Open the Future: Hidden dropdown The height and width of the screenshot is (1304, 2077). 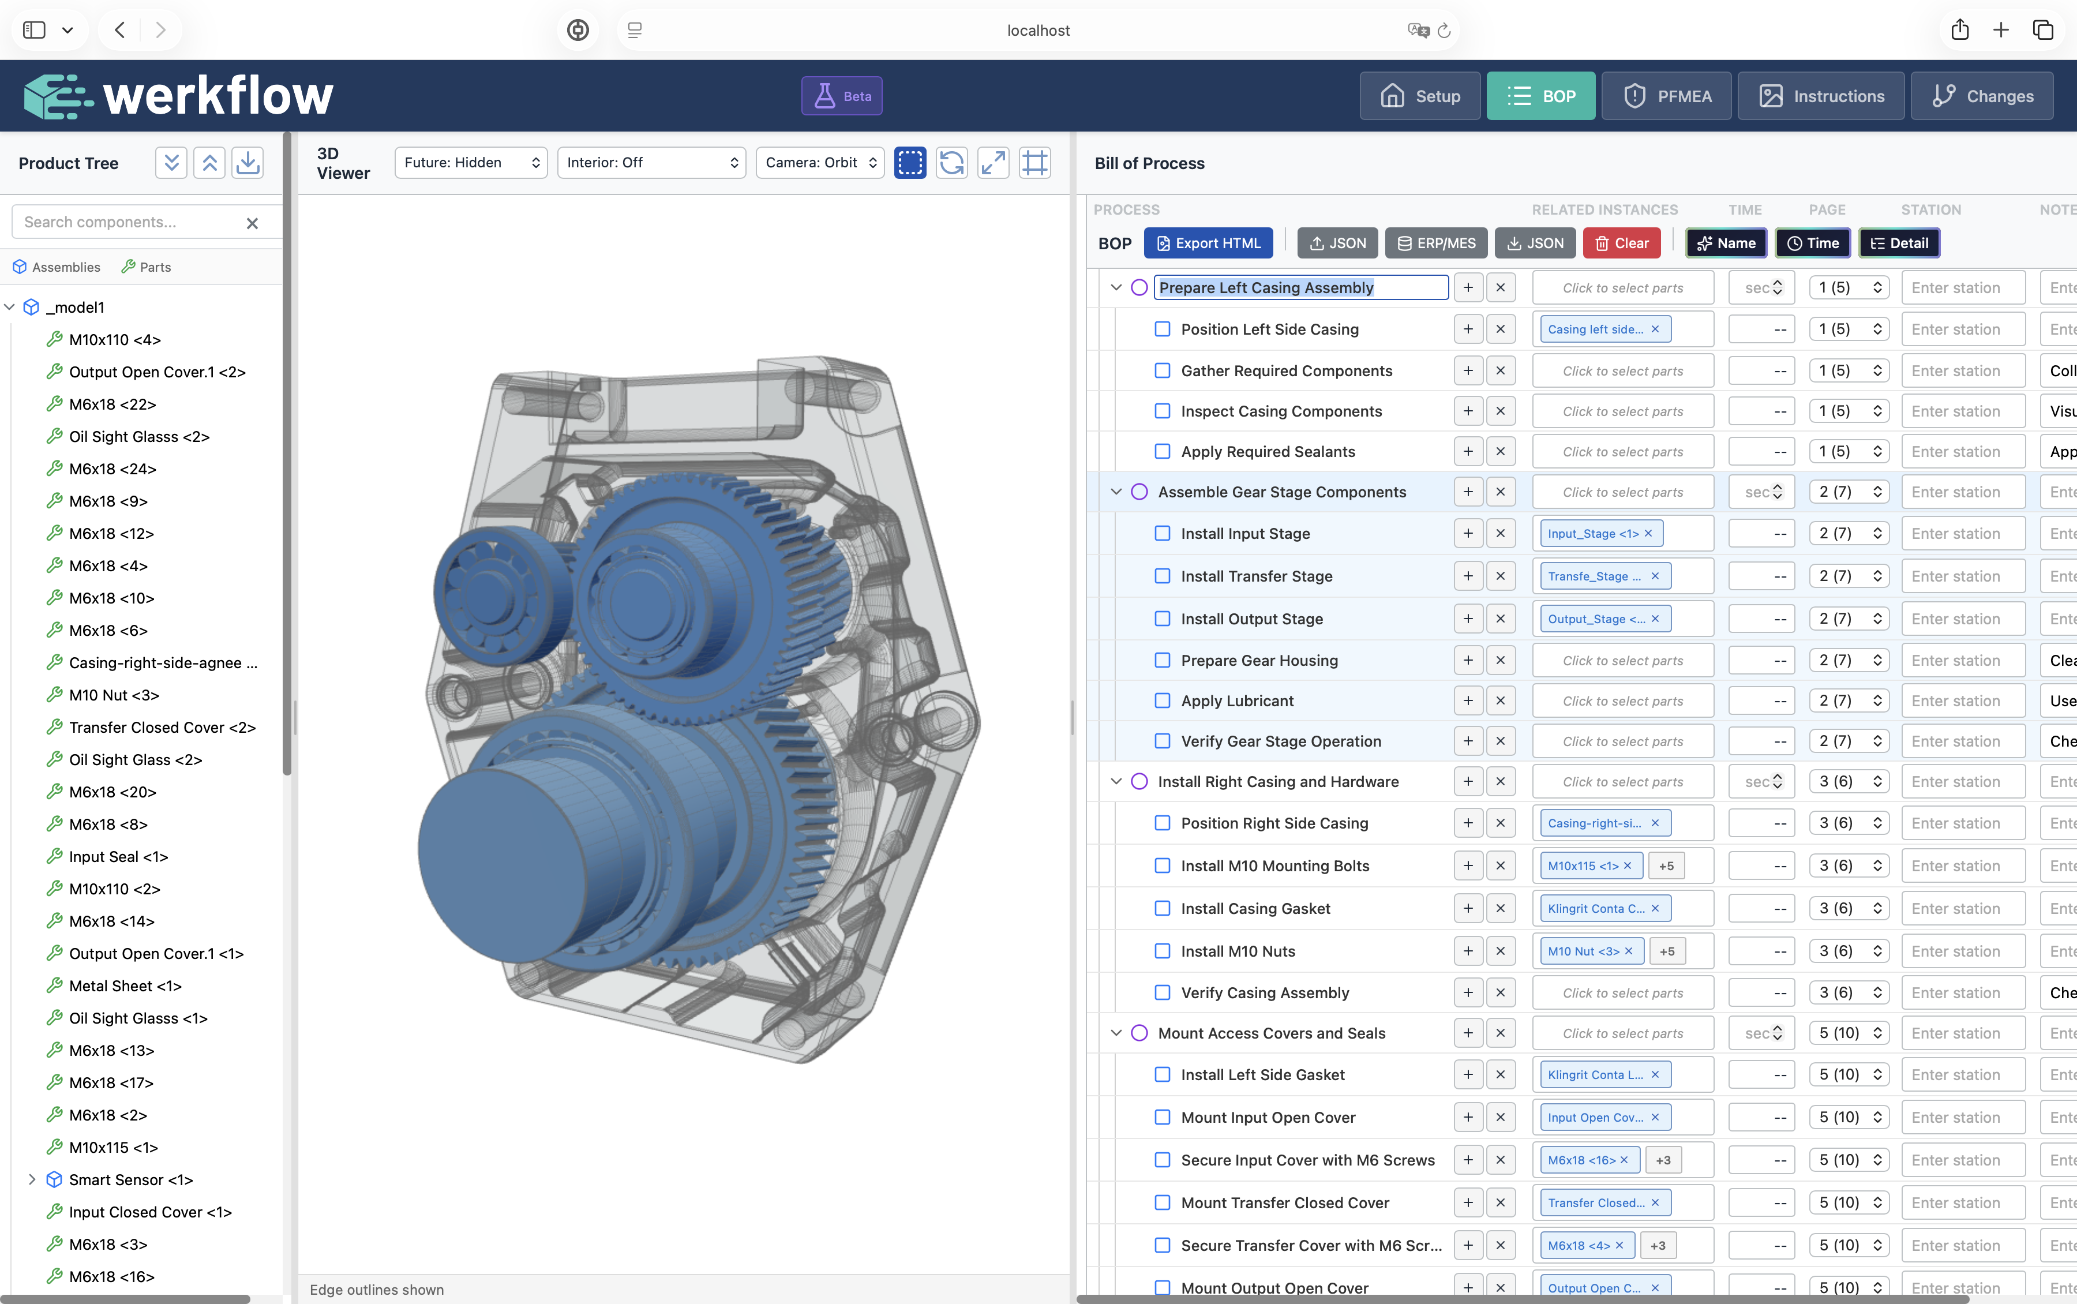[x=471, y=162]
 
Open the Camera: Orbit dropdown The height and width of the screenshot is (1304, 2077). [x=819, y=162]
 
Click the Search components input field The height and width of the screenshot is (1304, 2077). [x=129, y=222]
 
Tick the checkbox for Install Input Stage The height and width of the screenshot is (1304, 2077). [x=1162, y=533]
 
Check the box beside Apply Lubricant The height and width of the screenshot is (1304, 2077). [x=1162, y=700]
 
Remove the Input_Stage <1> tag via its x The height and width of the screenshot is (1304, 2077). [x=1648, y=533]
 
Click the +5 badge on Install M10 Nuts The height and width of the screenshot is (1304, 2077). [x=1667, y=951]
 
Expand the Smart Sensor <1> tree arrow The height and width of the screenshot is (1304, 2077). [x=32, y=1179]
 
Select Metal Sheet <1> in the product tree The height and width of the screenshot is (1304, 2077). [x=125, y=986]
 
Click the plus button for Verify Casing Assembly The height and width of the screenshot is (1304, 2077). [x=1467, y=992]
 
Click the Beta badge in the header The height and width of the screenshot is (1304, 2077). [x=842, y=96]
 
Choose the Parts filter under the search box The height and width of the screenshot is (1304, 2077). [x=146, y=267]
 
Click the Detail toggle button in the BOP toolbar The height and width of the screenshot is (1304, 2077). [x=1899, y=243]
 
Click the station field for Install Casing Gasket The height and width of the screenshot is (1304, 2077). [x=1962, y=908]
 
